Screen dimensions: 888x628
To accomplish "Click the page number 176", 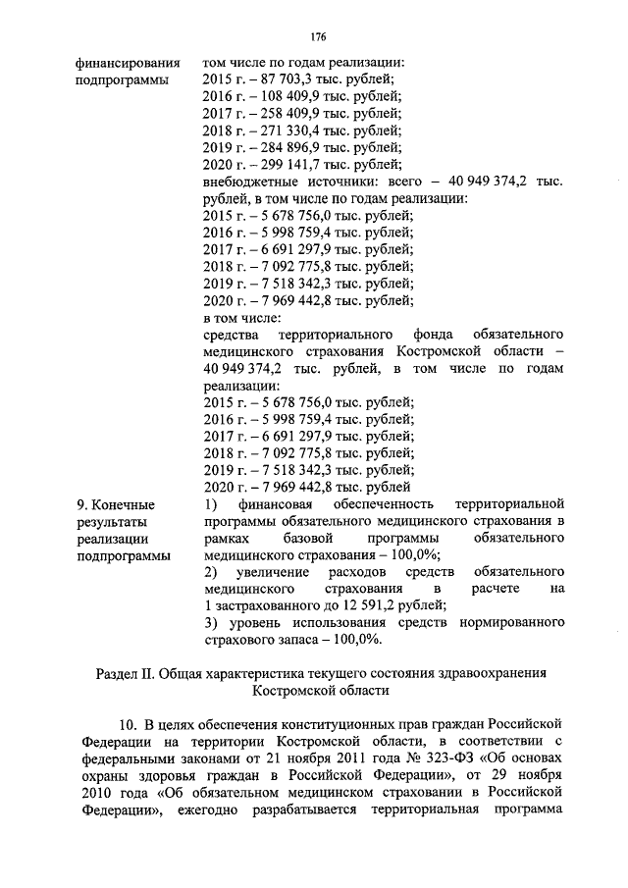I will [x=318, y=37].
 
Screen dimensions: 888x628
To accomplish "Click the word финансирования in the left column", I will [x=128, y=62].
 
